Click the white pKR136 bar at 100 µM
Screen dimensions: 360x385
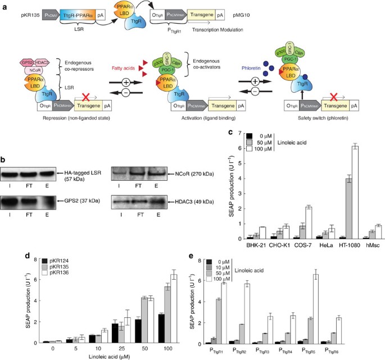pyautogui.click(x=174, y=309)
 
